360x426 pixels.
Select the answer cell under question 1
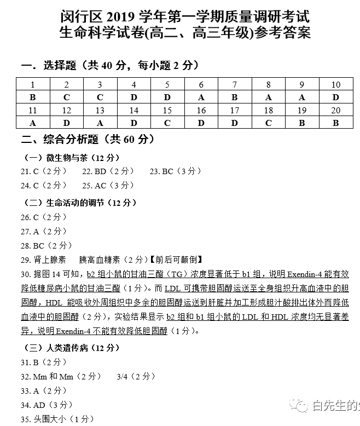(33, 97)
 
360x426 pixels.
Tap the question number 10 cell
(336, 84)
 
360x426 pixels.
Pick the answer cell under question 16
(201, 123)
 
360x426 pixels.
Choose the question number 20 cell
(336, 111)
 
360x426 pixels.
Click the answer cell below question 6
(201, 97)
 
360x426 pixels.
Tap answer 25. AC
(94, 186)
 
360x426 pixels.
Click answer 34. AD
(39, 405)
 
